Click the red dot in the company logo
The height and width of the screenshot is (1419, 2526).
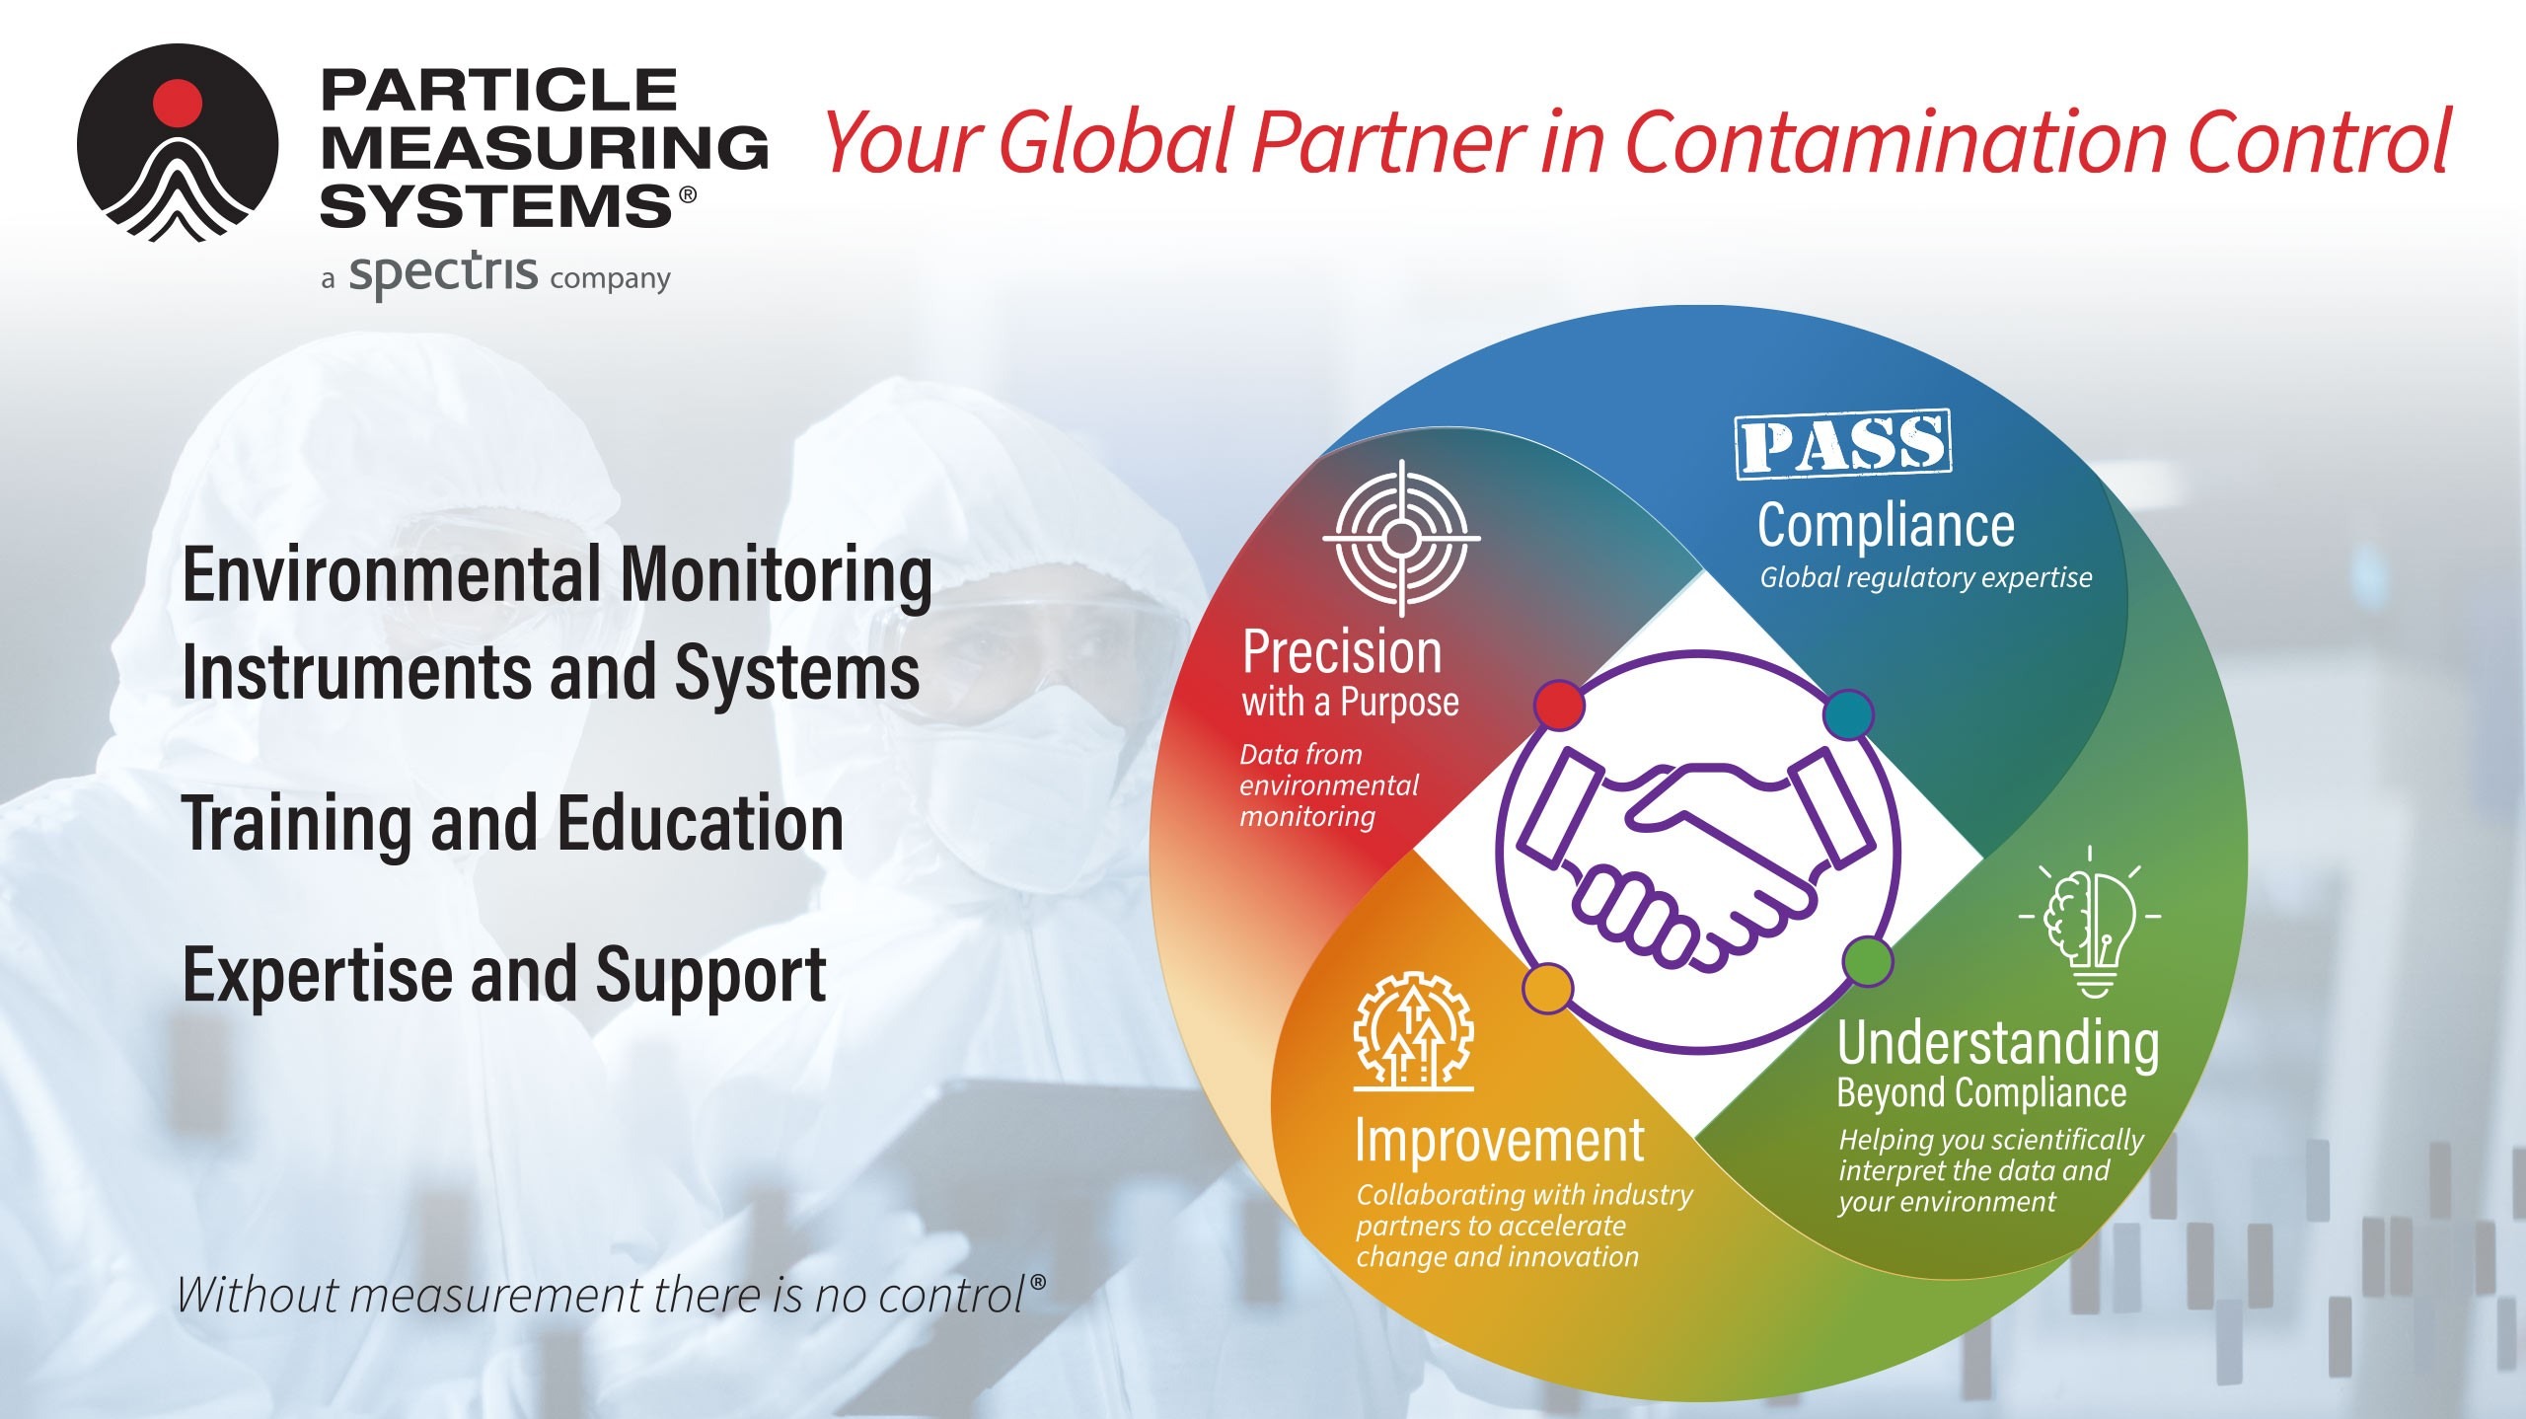[178, 102]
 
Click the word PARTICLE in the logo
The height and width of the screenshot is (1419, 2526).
[499, 91]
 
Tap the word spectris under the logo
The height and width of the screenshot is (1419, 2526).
[444, 274]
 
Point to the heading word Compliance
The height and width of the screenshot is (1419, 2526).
[1886, 525]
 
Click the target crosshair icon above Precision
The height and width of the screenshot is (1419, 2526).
[1401, 538]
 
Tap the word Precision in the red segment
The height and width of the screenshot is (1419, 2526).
[1342, 652]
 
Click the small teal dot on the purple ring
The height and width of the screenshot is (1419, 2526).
[1848, 715]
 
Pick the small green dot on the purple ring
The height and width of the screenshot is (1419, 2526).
[1868, 961]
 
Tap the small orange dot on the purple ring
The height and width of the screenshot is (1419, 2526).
[1548, 988]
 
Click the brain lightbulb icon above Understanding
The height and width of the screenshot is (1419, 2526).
[2090, 922]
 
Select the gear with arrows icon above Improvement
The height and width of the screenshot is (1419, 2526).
[1413, 1032]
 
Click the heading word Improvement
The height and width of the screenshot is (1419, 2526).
[1500, 1142]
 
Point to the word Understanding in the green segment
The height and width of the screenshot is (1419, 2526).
[1997, 1044]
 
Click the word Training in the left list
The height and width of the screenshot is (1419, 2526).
[296, 825]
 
